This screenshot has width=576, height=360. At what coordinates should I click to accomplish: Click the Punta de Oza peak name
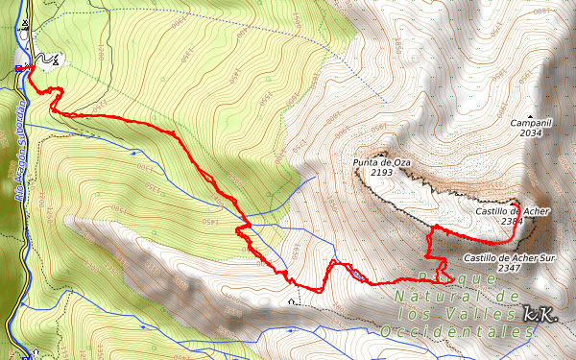tap(382, 162)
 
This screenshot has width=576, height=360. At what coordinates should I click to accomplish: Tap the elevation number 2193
tap(382, 173)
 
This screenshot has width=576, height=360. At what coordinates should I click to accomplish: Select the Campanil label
tap(531, 123)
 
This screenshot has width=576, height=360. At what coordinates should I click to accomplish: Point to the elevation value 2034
tap(532, 133)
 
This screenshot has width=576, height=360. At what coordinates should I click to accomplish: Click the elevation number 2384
tap(512, 221)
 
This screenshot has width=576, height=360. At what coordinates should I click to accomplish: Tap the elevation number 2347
tap(510, 268)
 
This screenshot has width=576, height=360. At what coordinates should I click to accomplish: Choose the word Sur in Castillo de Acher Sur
tap(545, 257)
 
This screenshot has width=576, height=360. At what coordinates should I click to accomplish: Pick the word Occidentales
tap(457, 331)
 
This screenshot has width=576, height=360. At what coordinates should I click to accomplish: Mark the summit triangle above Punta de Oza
tap(382, 153)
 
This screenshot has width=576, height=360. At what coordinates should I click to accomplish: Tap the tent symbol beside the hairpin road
tap(55, 60)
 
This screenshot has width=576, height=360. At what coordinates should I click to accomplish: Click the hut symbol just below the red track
tap(292, 300)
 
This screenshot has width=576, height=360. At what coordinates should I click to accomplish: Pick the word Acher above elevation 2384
tap(536, 210)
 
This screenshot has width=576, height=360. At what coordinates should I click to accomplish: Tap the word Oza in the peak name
tap(401, 162)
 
